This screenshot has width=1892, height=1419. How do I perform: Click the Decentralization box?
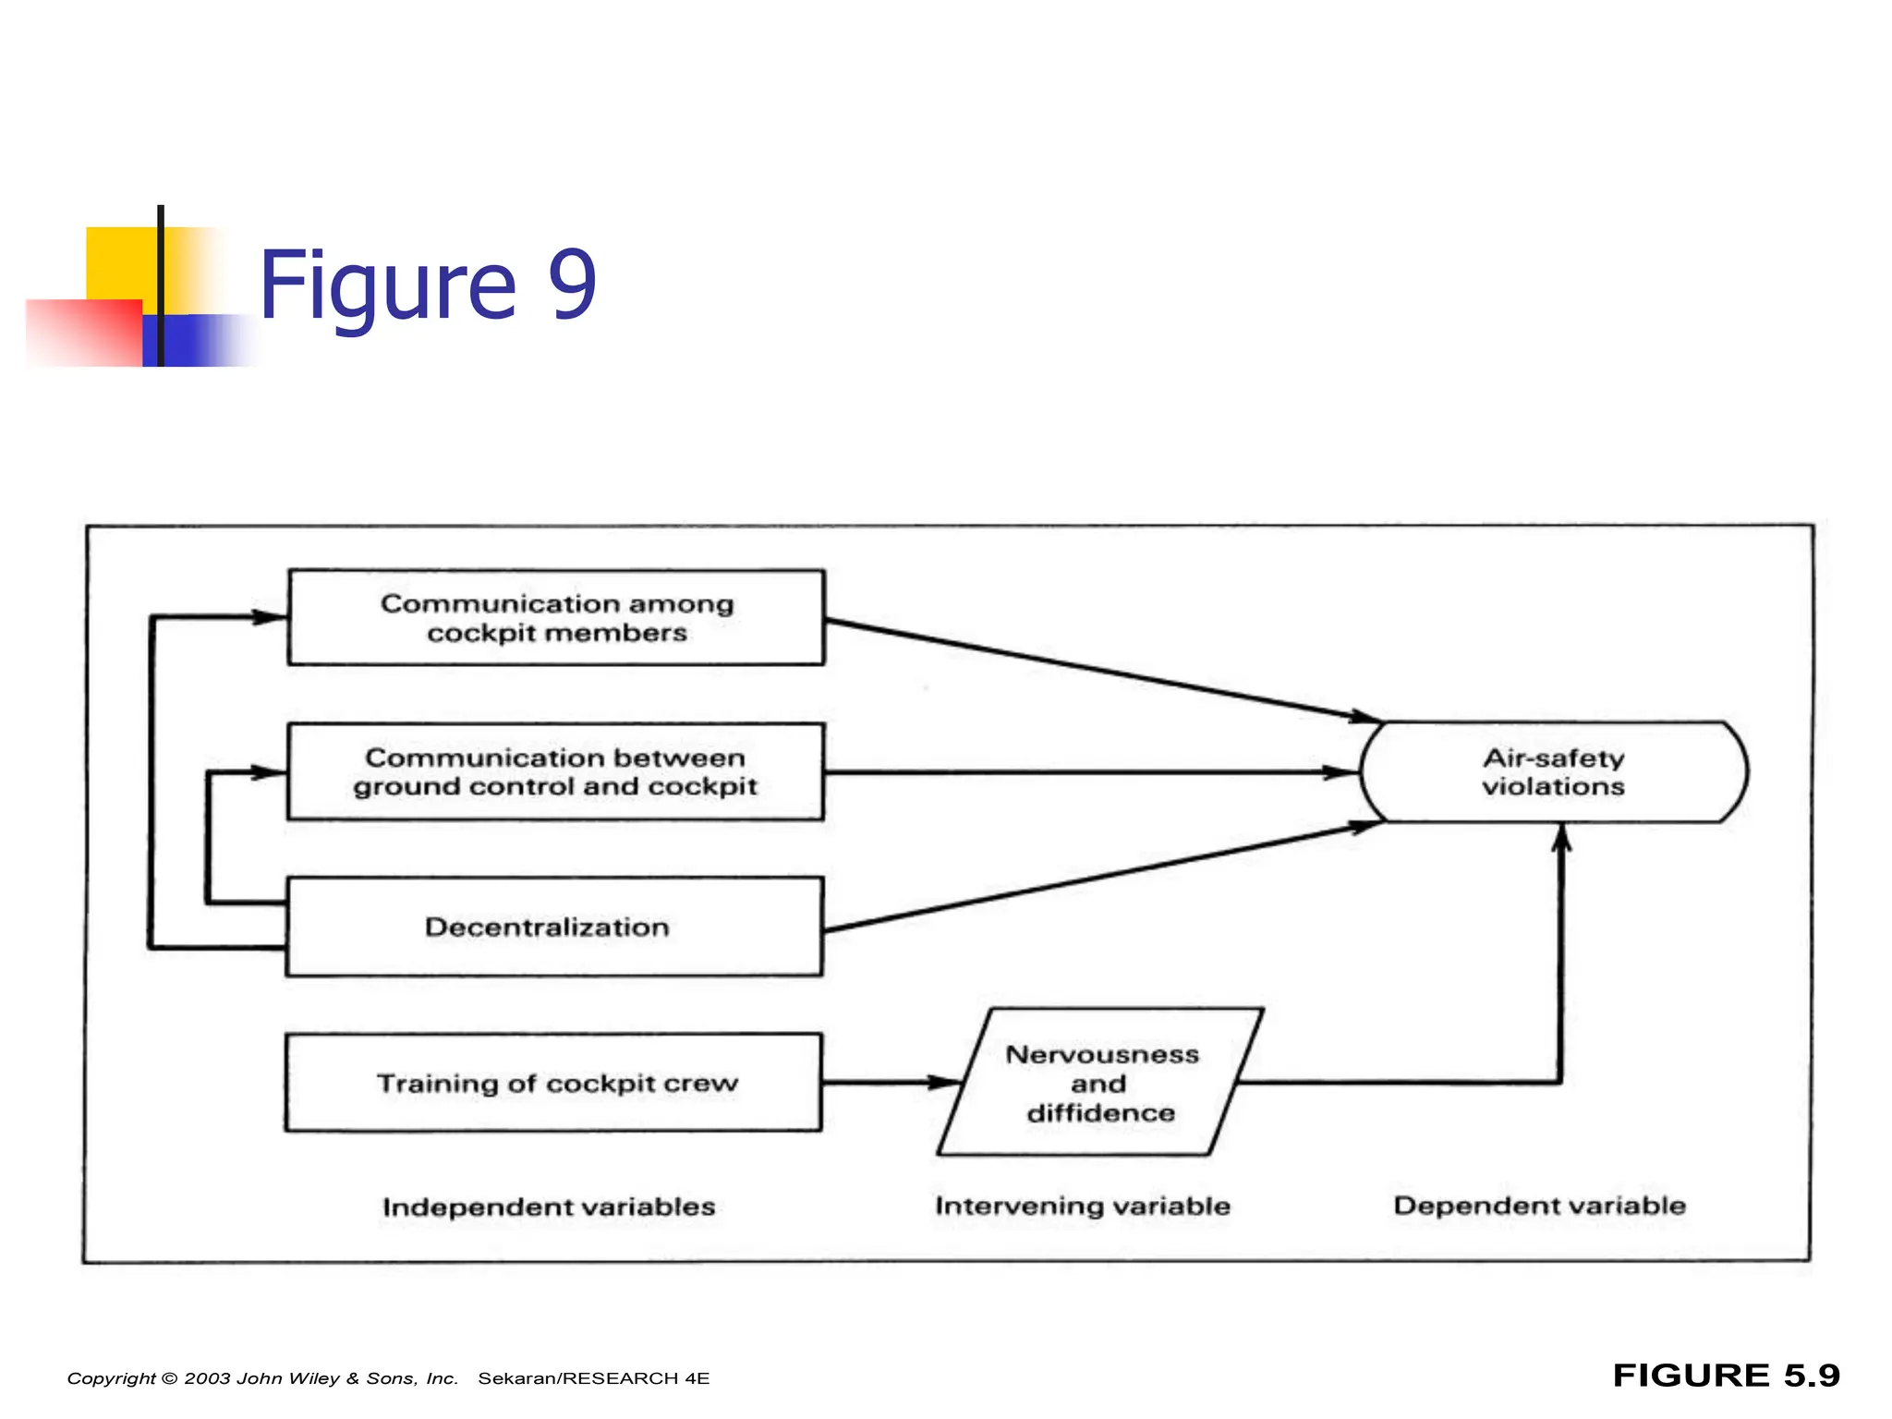pos(554,927)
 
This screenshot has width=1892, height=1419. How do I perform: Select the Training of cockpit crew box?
pos(554,1083)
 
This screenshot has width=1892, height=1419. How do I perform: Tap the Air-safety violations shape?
pos(1554,772)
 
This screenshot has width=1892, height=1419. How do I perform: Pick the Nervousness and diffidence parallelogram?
pos(1099,1083)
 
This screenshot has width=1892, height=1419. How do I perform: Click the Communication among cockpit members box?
pos(556,617)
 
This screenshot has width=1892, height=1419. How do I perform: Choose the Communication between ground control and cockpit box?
pos(555,771)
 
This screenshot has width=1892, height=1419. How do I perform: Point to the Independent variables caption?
pos(549,1207)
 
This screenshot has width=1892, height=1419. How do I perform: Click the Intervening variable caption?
pos(1082,1206)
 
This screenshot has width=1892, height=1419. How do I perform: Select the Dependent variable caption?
pos(1539,1206)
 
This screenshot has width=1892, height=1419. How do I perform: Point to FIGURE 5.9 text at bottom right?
pos(1726,1376)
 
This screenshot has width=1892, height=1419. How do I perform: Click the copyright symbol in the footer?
pos(169,1378)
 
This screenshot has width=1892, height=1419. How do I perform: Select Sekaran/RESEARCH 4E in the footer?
pos(593,1378)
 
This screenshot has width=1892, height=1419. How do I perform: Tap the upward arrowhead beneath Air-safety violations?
pos(1560,837)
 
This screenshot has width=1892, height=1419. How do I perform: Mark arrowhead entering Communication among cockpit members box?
pos(271,617)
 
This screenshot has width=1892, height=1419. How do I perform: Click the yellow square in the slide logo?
pos(120,263)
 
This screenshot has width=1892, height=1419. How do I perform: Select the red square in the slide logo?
pos(85,333)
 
